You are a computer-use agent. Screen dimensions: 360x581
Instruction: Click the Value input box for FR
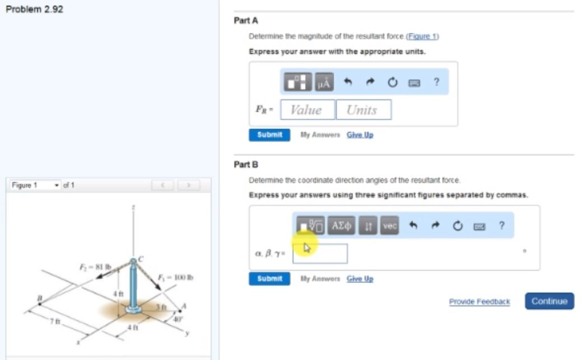(307, 110)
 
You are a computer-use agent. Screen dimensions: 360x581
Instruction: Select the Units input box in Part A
(363, 110)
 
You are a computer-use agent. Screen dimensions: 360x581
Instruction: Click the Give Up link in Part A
(360, 135)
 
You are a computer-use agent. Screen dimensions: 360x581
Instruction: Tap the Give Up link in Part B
(360, 279)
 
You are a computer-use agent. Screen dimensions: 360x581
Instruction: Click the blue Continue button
(549, 301)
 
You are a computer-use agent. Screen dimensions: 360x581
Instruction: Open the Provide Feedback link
(479, 302)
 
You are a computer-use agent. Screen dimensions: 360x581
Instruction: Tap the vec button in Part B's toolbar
(389, 226)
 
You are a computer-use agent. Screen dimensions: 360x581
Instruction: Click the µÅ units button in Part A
(323, 83)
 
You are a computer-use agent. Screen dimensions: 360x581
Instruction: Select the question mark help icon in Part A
(436, 82)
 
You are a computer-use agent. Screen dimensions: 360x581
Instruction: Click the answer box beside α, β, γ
(320, 253)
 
